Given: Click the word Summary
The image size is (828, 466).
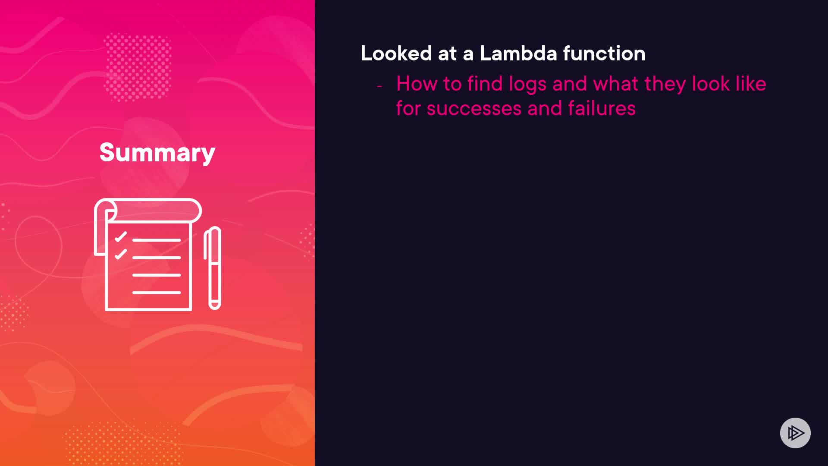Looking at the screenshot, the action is tap(157, 153).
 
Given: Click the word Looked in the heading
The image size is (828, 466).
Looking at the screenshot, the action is tap(396, 54).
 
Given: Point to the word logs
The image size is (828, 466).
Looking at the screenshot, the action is tap(527, 85).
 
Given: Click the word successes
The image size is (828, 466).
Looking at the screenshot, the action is tap(474, 109).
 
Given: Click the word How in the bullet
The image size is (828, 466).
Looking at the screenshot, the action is tap(417, 84).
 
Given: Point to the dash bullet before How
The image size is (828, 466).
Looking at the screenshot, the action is tap(379, 86).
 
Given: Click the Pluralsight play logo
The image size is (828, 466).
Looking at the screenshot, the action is tap(795, 433).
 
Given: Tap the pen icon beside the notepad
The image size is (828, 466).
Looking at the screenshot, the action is tap(213, 268).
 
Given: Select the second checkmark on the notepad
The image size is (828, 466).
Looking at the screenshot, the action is tap(121, 254).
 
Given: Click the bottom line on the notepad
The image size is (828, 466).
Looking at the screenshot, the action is tap(157, 293).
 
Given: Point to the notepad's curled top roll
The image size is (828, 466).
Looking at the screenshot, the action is tap(148, 211).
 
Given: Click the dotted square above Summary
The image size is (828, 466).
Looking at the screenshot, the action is tap(138, 67).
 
